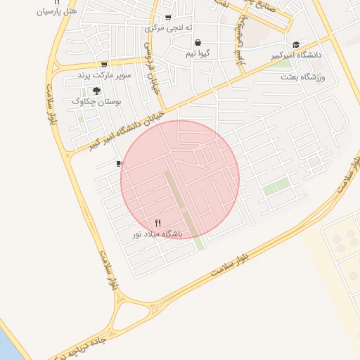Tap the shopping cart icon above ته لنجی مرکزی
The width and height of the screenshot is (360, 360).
pos(167,18)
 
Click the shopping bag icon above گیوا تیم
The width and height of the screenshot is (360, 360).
pos(198,42)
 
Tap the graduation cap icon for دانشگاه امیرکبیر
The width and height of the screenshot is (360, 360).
pos(296,44)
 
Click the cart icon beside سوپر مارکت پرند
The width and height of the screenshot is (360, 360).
pos(104,65)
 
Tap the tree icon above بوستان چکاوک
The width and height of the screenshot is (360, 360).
pos(96,91)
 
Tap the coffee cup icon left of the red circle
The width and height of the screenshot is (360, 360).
pos(119,164)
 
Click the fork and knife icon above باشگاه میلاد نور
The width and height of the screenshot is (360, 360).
pos(157,223)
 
